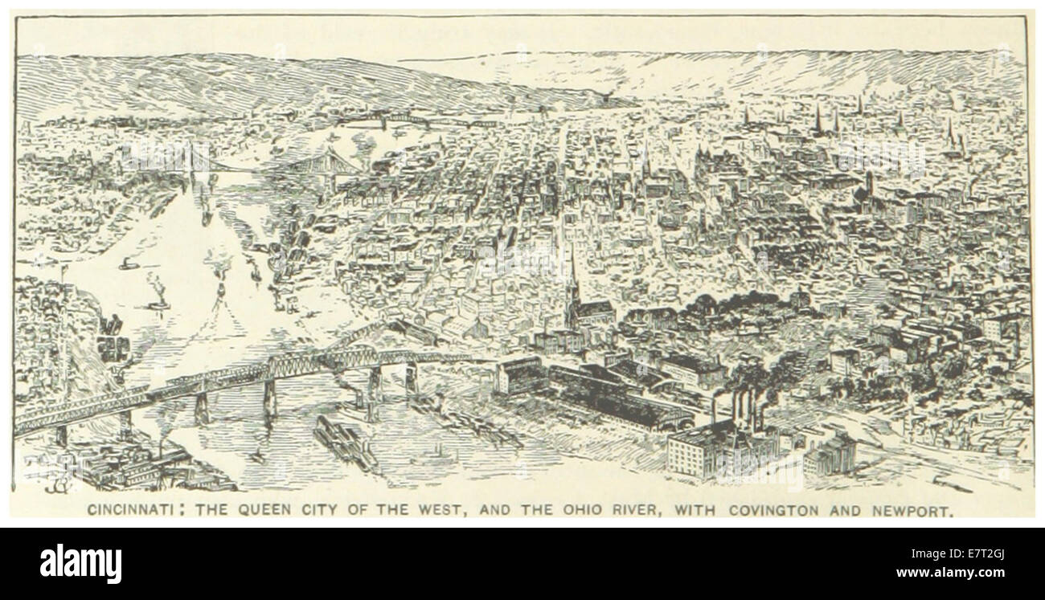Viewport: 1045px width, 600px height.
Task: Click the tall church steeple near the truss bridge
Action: coord(572,289)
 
